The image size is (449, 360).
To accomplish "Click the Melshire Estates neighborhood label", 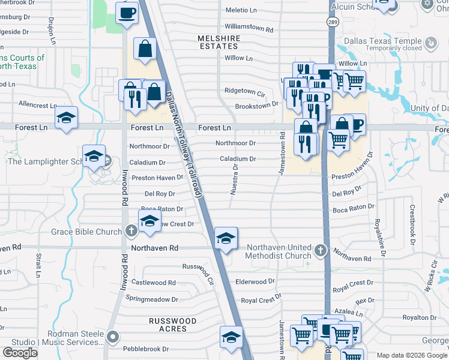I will [218, 42].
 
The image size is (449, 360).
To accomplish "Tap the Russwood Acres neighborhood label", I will [173, 325].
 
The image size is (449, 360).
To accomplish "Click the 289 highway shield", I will [332, 22].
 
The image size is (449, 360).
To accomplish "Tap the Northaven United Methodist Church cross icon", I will [321, 250].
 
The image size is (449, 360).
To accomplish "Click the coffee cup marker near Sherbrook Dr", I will [127, 13].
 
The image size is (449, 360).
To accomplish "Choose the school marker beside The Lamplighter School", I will [94, 157].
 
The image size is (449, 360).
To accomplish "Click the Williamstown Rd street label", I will [249, 28].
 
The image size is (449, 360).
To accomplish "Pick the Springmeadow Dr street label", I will [152, 299].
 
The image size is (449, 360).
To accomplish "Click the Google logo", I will [20, 352].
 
